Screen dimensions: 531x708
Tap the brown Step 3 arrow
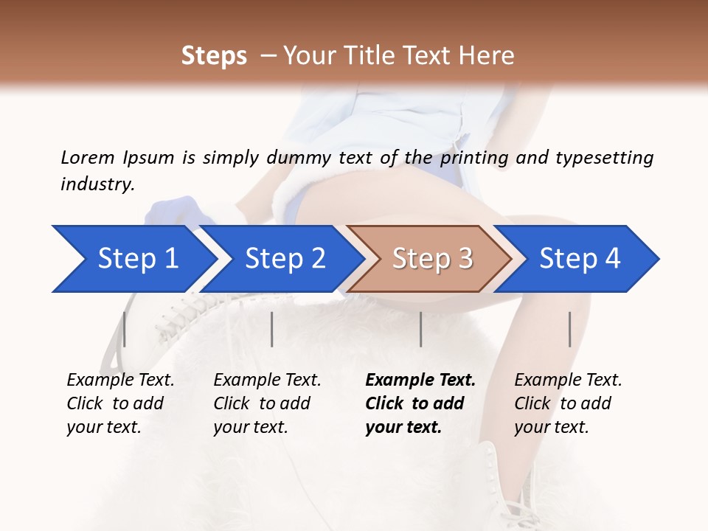pos(432,259)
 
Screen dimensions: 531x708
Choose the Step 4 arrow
pos(580,259)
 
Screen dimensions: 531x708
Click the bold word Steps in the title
pos(214,56)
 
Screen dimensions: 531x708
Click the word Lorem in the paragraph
pos(88,157)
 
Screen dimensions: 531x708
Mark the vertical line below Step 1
pos(124,329)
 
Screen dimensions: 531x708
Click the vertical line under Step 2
pos(272,329)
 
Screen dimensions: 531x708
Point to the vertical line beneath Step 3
pos(420,329)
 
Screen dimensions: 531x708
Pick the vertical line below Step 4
pos(569,329)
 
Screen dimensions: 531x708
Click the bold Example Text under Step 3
pos(420,381)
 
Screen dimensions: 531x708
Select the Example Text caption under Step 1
pos(120,381)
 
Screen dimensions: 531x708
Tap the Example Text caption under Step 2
pos(267,381)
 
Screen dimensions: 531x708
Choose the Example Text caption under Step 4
pos(568,381)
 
